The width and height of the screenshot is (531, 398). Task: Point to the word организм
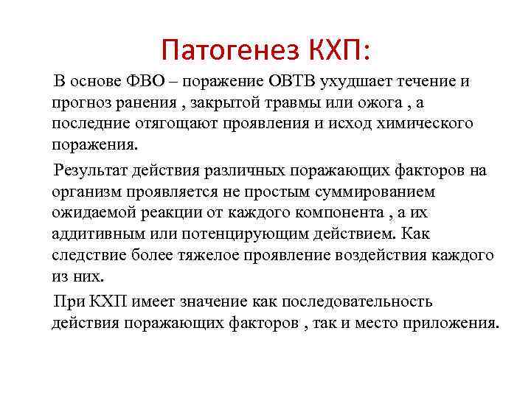pos(86,192)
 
